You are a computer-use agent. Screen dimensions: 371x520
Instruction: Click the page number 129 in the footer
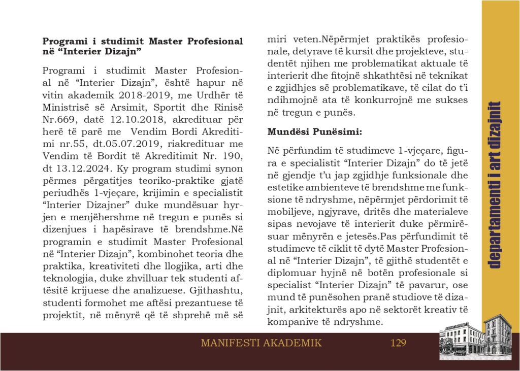coord(399,343)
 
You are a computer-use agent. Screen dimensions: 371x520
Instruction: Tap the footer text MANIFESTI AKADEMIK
coord(261,343)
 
